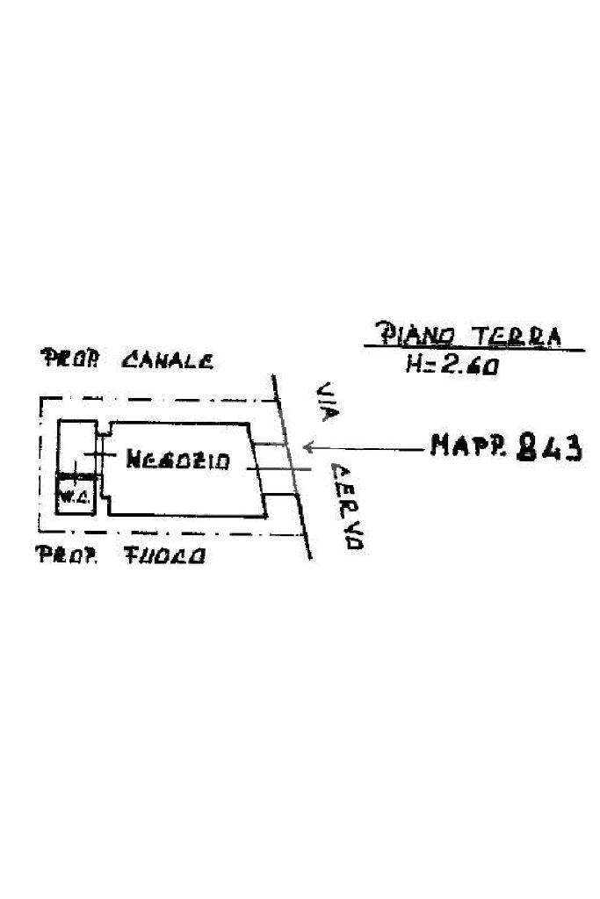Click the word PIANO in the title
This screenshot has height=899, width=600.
[x=417, y=335]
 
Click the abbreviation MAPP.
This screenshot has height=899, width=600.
[x=466, y=447]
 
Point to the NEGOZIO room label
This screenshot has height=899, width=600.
[x=178, y=460]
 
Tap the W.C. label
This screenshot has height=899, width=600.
[x=70, y=497]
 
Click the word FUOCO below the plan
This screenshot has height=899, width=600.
[x=165, y=555]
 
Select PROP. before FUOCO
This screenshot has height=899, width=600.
[x=65, y=555]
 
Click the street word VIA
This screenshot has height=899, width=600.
[x=328, y=400]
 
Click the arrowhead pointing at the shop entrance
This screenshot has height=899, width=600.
[x=307, y=447]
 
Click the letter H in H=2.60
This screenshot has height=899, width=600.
[x=414, y=365]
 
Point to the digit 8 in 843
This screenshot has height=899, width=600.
[x=529, y=447]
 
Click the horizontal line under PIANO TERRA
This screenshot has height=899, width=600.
[x=474, y=350]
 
